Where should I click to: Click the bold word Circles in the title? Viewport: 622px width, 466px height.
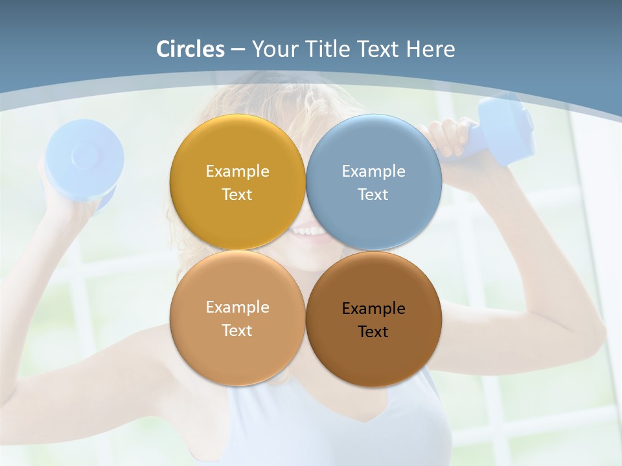pyautogui.click(x=190, y=49)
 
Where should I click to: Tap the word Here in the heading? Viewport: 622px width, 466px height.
pyautogui.click(x=430, y=49)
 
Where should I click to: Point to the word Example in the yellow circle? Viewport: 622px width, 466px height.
pyautogui.click(x=237, y=171)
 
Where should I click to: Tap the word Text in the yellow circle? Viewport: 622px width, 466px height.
pyautogui.click(x=237, y=194)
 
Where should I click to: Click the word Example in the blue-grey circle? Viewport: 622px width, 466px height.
pyautogui.click(x=373, y=171)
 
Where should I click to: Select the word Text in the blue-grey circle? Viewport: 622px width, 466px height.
pyautogui.click(x=373, y=194)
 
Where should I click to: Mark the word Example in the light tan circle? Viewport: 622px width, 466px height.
pyautogui.click(x=237, y=307)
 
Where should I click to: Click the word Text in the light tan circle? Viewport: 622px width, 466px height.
pyautogui.click(x=237, y=330)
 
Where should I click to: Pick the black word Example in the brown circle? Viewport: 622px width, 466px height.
pyautogui.click(x=373, y=308)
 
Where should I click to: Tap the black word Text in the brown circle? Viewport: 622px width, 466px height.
pyautogui.click(x=373, y=331)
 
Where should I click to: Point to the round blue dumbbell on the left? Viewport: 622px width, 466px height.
pyautogui.click(x=84, y=159)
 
